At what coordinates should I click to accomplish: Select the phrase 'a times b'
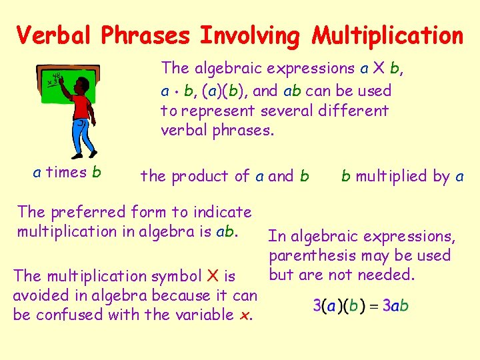click(67, 173)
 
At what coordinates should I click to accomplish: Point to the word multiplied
click(391, 177)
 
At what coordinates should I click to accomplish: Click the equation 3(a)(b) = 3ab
click(361, 306)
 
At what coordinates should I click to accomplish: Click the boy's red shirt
click(81, 107)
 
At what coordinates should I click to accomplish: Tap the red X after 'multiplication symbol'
click(213, 275)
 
